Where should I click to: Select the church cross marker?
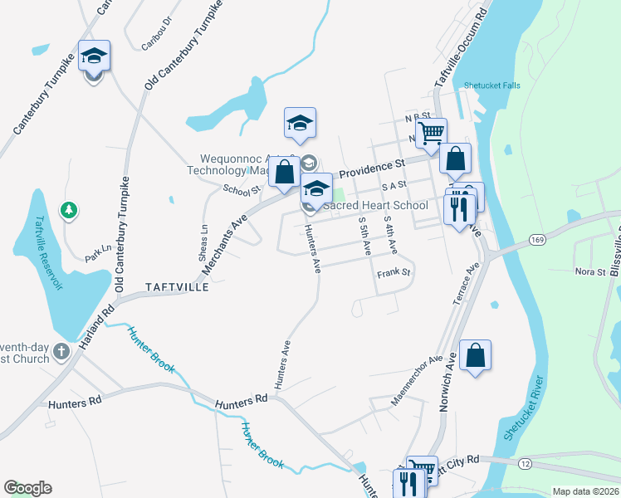click(61, 353)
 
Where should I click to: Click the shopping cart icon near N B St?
click(431, 132)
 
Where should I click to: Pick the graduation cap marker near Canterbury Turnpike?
click(94, 57)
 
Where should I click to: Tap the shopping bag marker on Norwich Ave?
click(475, 356)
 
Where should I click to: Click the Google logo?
click(27, 488)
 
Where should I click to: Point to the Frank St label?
click(394, 272)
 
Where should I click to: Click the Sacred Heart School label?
click(375, 205)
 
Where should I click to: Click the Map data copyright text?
click(585, 491)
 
